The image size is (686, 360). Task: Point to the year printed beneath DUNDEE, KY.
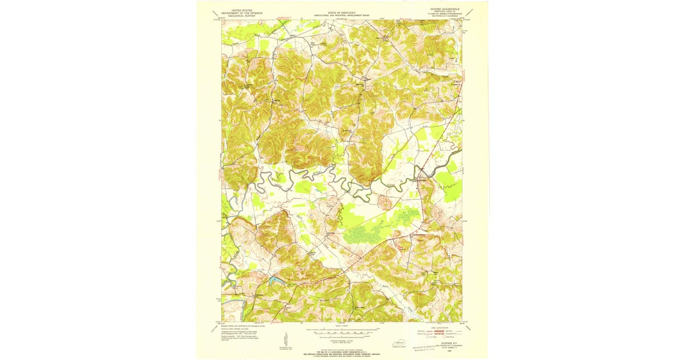point(444,353)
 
